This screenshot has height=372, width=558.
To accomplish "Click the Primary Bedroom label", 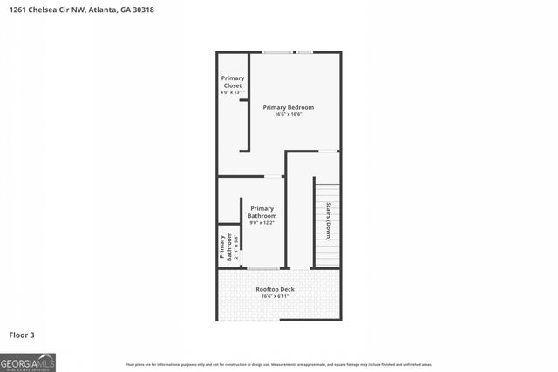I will (x=288, y=107).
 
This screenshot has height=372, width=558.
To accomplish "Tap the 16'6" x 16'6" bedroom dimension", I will (x=288, y=114).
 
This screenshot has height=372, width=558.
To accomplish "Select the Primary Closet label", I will (x=232, y=82).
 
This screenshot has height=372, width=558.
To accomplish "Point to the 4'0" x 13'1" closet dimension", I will (x=232, y=92).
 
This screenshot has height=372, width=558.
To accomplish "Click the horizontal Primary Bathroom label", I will (x=262, y=212).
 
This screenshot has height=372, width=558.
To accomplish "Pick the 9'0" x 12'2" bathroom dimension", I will (x=262, y=223).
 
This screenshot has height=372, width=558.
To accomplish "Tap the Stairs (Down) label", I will (x=328, y=221).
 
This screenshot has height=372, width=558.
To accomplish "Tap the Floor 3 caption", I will (x=22, y=335).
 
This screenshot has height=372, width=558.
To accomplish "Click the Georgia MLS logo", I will (x=28, y=362).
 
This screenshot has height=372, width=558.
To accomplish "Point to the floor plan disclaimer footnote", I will (x=278, y=364).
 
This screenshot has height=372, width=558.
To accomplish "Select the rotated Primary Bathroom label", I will (x=223, y=247).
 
